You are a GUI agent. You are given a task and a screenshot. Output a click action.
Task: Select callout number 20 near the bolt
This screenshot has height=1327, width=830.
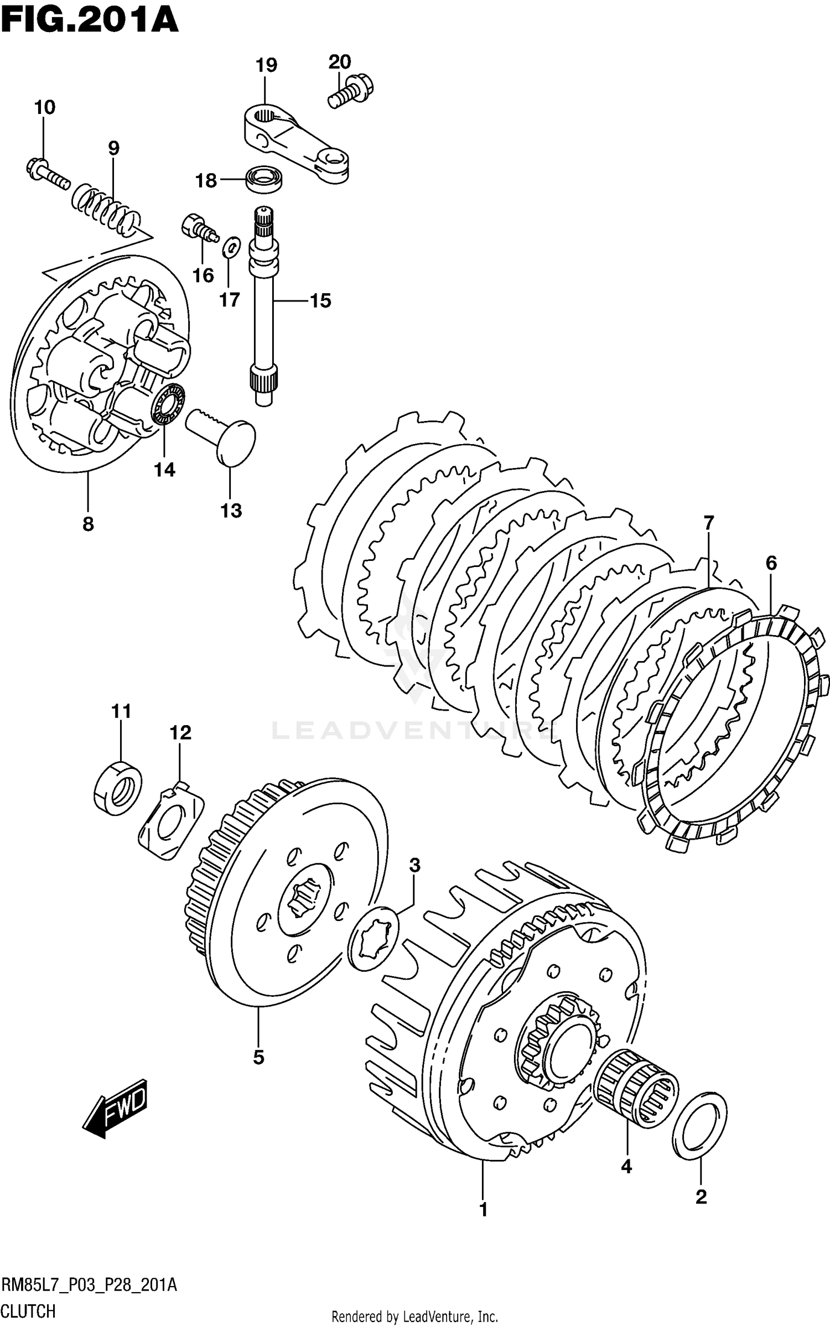340,61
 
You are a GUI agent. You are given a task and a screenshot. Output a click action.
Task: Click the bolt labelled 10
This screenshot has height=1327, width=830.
48,173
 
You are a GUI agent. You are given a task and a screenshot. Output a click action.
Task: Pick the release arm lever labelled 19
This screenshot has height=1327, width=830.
297,143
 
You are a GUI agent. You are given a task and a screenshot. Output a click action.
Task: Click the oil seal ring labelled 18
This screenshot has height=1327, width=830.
265,179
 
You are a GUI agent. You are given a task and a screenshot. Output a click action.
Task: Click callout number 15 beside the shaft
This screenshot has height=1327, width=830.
320,301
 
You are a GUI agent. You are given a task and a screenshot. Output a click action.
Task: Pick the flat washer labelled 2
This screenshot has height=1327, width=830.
700,1125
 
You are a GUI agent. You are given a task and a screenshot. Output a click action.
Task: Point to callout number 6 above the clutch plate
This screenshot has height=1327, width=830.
771,563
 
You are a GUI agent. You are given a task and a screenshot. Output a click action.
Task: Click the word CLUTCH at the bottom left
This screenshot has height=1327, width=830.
28,1311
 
